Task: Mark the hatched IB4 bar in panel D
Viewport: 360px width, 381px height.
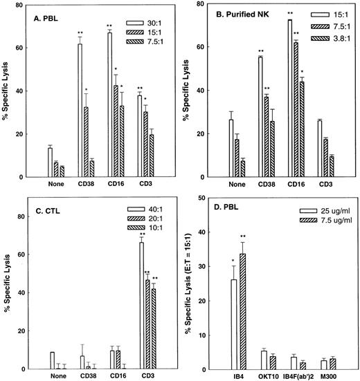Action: point(242,307)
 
